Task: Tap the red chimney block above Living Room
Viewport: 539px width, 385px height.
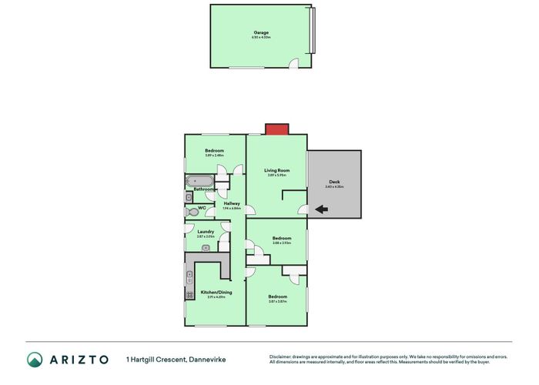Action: pos(276,129)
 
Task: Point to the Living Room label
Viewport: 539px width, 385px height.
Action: pos(276,170)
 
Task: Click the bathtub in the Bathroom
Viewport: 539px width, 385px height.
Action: pos(199,182)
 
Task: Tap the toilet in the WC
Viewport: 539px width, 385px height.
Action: pos(190,209)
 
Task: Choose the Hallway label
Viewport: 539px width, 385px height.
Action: pos(232,203)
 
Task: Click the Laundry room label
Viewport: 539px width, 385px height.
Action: pos(205,232)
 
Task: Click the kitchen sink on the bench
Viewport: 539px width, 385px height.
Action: pos(189,276)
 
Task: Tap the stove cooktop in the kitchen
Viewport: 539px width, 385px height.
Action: pos(189,294)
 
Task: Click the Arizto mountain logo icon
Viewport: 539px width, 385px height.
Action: pos(35,360)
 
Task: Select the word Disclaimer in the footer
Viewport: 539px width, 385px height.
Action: pos(283,357)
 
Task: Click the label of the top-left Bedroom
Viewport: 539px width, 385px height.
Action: pos(214,150)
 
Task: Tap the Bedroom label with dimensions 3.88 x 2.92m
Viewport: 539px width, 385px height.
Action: pos(281,239)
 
